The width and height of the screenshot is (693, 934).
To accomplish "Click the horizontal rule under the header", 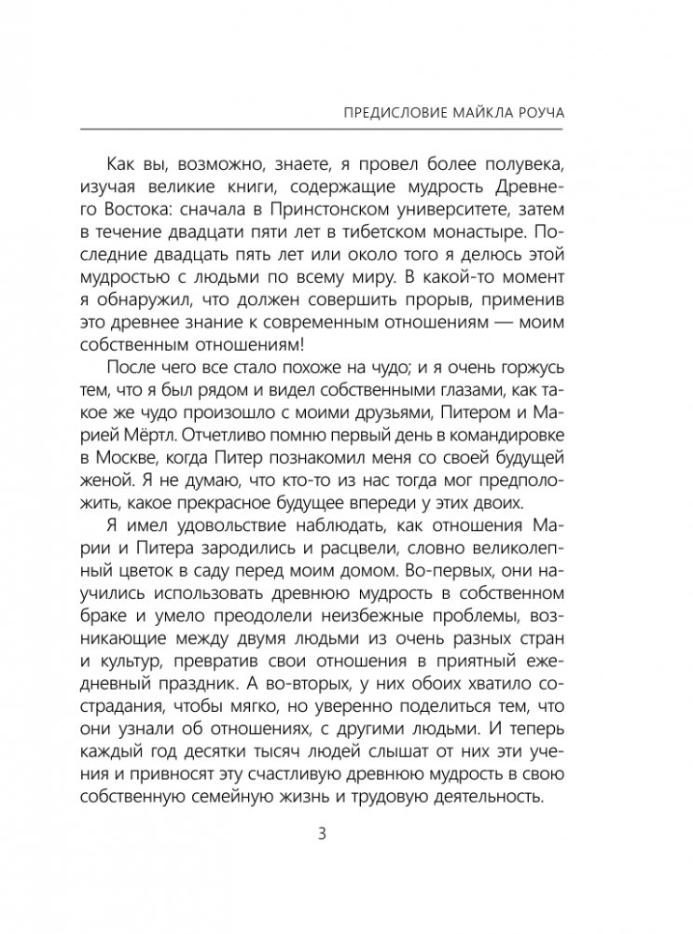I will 347,129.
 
